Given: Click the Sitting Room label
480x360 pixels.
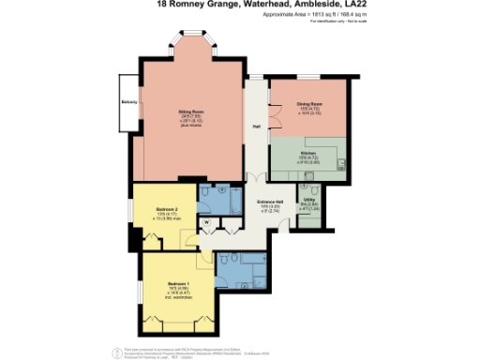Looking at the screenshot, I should (191, 111).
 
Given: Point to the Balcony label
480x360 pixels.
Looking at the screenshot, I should (129, 101).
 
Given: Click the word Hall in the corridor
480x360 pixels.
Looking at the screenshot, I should (255, 127).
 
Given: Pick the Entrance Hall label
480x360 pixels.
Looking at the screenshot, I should (270, 202).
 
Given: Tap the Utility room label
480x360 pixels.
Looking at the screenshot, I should (309, 201).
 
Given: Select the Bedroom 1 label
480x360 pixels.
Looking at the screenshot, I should (179, 282).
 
